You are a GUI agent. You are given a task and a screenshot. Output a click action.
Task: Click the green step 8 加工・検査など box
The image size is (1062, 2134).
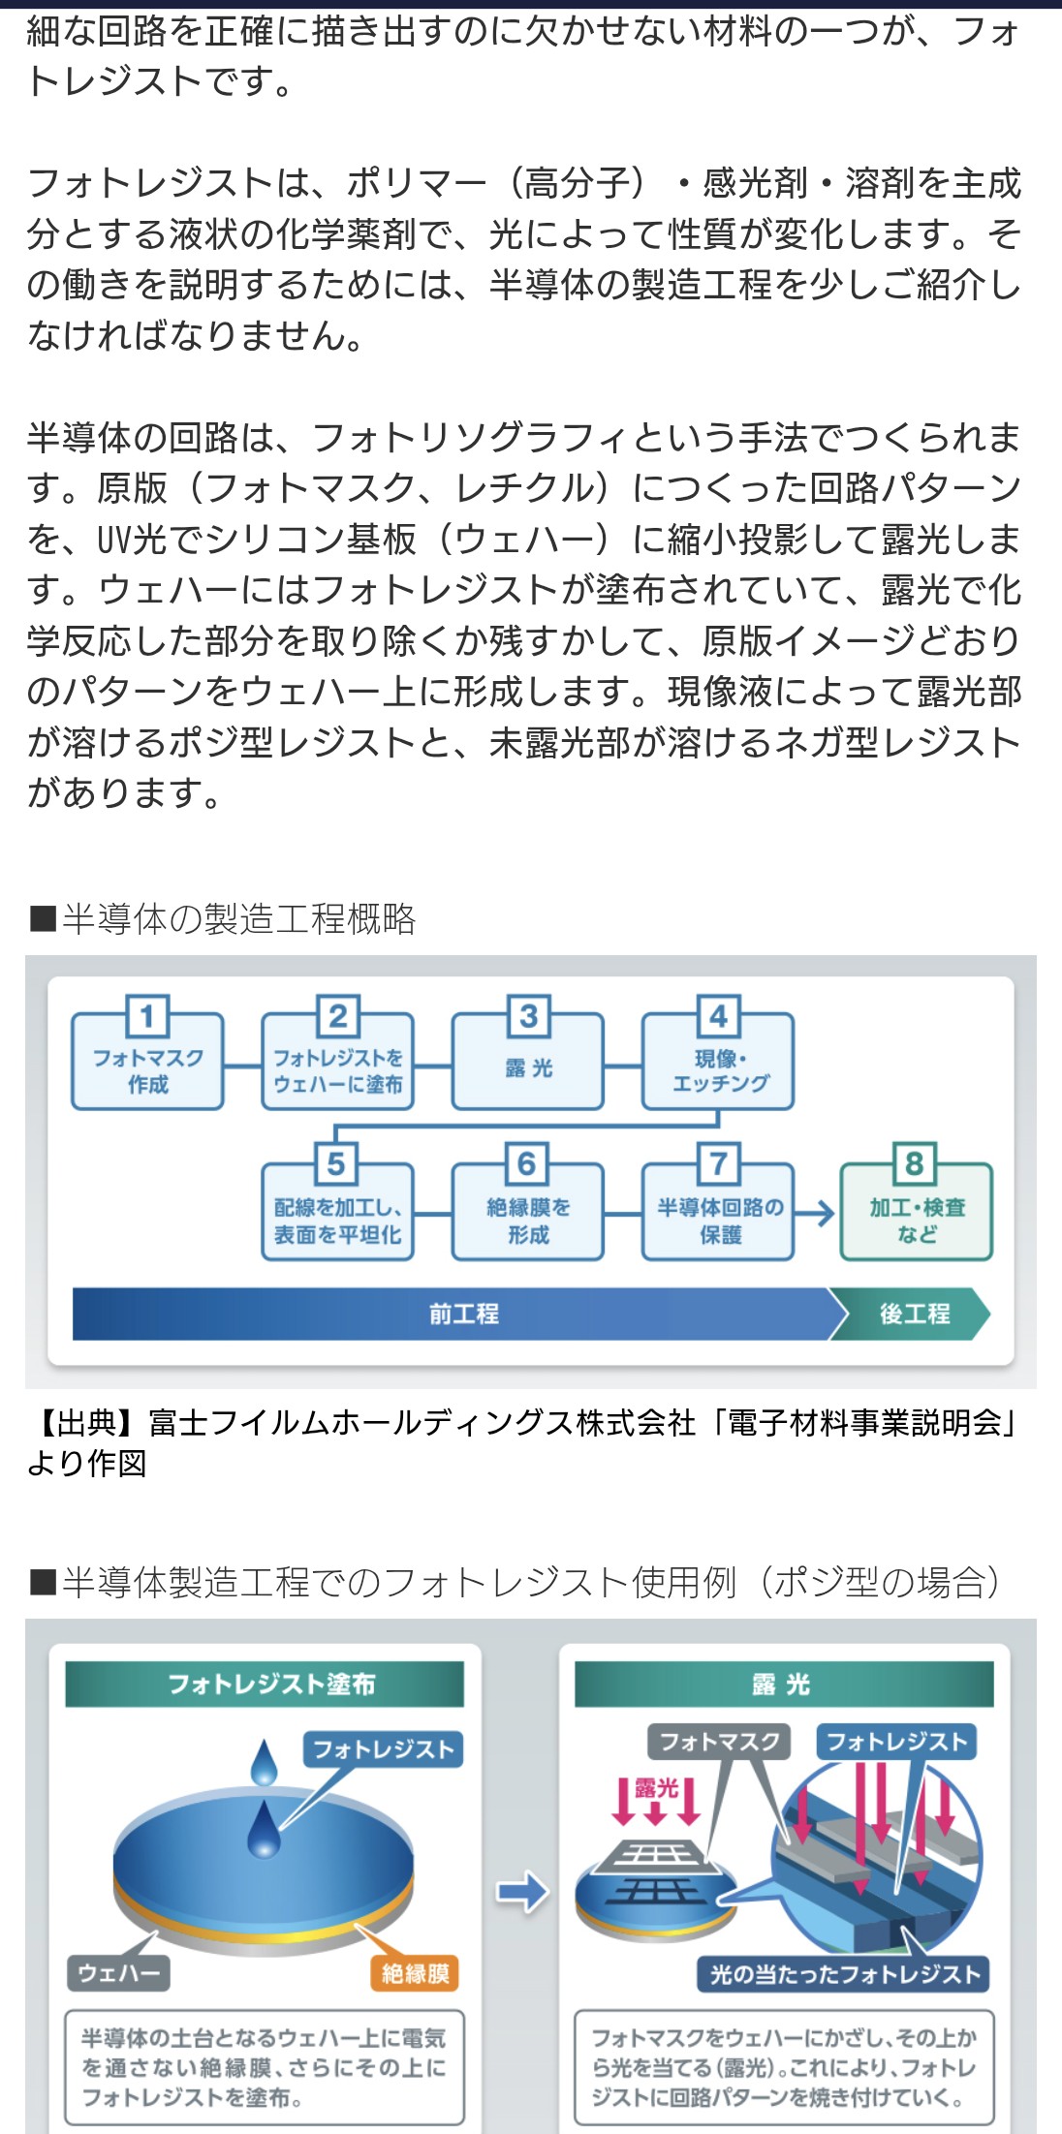[x=917, y=1220]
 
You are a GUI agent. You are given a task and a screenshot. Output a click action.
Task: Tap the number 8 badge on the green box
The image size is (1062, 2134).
[x=914, y=1162]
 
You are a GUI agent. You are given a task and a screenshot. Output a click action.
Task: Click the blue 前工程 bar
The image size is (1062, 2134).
[x=455, y=1314]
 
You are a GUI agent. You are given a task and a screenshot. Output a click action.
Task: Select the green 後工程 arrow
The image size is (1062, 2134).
[x=914, y=1314]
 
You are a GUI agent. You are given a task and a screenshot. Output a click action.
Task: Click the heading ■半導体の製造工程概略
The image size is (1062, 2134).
[x=223, y=918]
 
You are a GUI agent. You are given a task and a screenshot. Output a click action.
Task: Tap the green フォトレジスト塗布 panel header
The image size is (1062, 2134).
[x=265, y=1684]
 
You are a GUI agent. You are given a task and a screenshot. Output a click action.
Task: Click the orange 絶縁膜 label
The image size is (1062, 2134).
[x=415, y=1973]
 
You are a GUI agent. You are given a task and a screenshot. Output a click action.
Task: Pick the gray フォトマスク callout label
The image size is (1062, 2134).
[x=719, y=1742]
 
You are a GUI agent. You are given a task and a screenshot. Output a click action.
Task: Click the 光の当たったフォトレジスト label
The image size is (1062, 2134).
[x=844, y=1973]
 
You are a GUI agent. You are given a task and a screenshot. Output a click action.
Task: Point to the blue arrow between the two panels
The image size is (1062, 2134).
[x=522, y=1891]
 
